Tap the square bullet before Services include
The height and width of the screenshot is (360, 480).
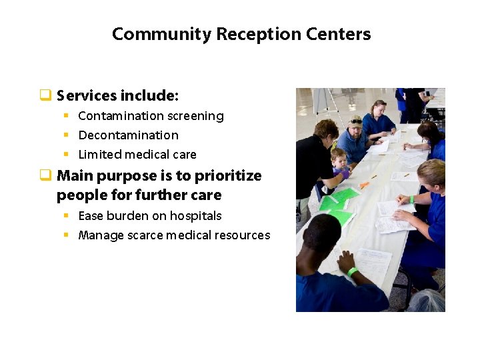[x=45, y=95]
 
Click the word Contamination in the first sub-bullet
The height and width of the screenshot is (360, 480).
[x=121, y=116]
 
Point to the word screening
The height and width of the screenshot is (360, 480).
[x=195, y=116]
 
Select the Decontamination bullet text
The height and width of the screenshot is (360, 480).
[x=128, y=135]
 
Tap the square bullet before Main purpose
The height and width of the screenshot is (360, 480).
[x=45, y=176]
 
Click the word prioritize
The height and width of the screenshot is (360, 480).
[x=228, y=176]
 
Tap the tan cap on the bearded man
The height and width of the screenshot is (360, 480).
[x=355, y=121]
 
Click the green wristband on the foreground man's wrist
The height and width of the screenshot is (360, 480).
[x=352, y=271]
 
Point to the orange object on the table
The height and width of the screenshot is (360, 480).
[x=364, y=185]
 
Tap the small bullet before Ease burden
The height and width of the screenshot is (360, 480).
[x=66, y=216]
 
